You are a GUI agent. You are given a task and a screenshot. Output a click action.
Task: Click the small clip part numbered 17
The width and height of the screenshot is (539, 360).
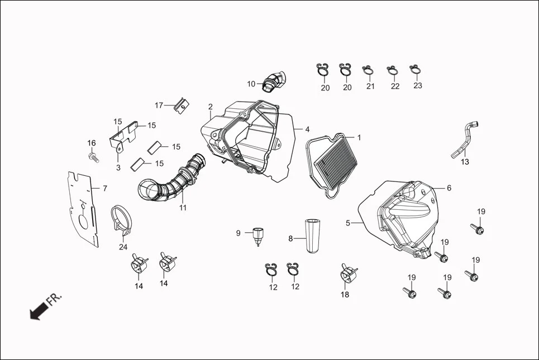180,104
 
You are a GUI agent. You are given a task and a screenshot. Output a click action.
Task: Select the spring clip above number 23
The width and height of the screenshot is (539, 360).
415,70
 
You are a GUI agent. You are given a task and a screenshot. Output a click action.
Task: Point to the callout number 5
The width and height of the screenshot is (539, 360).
347,223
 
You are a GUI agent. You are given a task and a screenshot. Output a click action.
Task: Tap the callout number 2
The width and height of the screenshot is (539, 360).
211,107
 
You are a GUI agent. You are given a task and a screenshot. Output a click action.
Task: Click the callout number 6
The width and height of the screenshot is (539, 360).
449,188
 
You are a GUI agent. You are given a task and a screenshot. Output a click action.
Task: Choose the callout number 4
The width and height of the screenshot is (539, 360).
307,129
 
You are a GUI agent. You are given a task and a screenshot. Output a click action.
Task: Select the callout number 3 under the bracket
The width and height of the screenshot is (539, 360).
118,167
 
